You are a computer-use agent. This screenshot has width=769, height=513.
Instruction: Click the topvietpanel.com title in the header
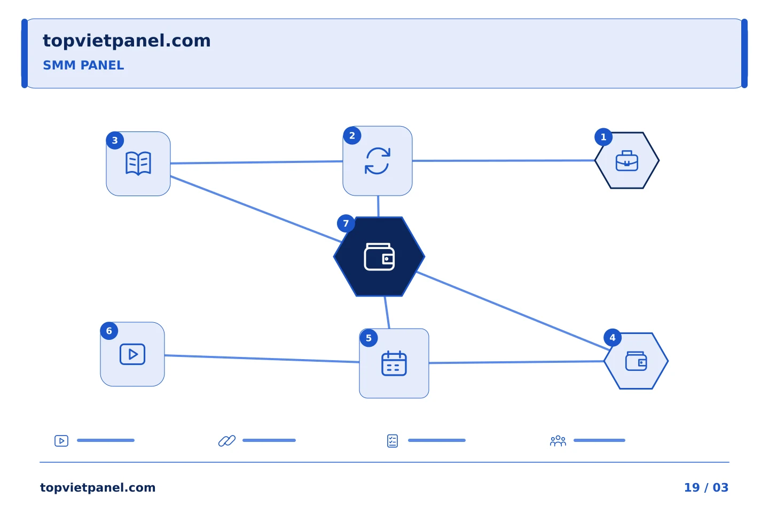pyautogui.click(x=127, y=41)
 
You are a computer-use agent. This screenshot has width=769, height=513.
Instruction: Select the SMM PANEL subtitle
pyautogui.click(x=83, y=65)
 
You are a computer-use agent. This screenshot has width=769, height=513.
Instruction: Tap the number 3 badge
pyautogui.click(x=115, y=141)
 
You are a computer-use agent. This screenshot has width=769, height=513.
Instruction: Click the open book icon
pyautogui.click(x=138, y=164)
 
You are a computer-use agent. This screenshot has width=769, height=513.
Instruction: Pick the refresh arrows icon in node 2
pyautogui.click(x=378, y=161)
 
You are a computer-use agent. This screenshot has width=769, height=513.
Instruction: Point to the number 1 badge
pyautogui.click(x=603, y=137)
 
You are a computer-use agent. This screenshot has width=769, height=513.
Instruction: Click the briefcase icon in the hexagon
pyautogui.click(x=627, y=161)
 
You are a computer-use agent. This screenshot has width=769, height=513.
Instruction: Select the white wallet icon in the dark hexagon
pyautogui.click(x=379, y=257)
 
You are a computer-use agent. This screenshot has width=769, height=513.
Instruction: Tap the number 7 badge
pyautogui.click(x=346, y=224)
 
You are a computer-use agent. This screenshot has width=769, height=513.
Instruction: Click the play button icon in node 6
pyautogui.click(x=132, y=354)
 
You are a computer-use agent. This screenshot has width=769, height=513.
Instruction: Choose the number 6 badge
pyautogui.click(x=109, y=331)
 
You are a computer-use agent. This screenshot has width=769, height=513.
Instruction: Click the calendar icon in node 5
pyautogui.click(x=394, y=363)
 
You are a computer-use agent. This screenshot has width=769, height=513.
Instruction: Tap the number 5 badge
pyautogui.click(x=368, y=338)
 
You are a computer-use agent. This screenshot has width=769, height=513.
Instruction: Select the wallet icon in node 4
pyautogui.click(x=636, y=361)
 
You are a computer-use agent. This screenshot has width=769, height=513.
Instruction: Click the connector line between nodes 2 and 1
pyautogui.click(x=503, y=160)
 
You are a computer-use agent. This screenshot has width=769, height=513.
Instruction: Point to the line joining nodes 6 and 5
pyautogui.click(x=262, y=359)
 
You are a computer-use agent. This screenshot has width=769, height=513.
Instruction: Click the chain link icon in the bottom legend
pyautogui.click(x=227, y=441)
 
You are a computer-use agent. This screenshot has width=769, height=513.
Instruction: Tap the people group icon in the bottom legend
pyautogui.click(x=558, y=441)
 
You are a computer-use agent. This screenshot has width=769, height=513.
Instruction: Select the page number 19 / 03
pyautogui.click(x=706, y=487)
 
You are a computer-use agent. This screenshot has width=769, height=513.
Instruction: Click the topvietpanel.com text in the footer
pyautogui.click(x=98, y=487)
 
